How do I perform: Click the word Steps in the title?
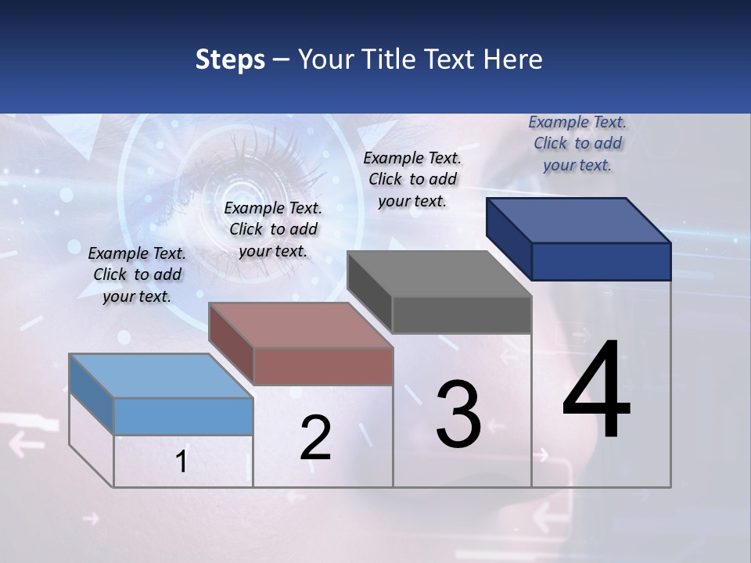coord(230,59)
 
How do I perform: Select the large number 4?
coord(596,391)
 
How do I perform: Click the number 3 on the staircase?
coord(458,414)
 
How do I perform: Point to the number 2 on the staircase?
coord(315,438)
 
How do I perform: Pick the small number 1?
coord(181,462)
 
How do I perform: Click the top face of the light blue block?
coord(160,376)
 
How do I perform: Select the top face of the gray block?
coord(439,274)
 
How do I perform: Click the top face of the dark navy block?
coord(578,221)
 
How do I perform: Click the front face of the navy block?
coord(601,261)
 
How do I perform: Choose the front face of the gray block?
coord(462,314)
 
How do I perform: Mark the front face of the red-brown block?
coord(323,366)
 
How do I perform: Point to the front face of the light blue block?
coord(183,416)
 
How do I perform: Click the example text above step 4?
coord(577,143)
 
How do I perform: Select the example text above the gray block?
coord(412,179)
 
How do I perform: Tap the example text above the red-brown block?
coord(273,229)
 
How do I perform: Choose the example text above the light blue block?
coord(137,274)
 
